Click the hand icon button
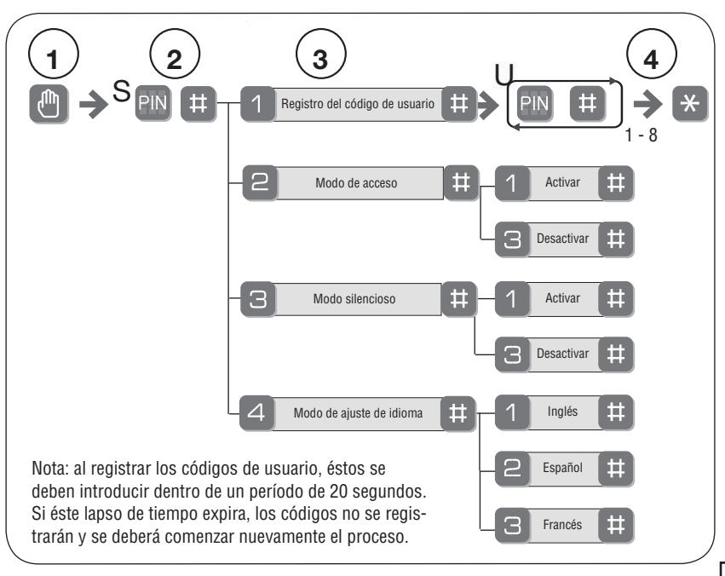[x=49, y=104]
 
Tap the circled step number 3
[x=320, y=54]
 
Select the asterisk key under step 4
[x=689, y=104]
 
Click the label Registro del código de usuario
[x=358, y=104]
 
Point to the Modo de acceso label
[x=356, y=183]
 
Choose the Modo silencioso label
[x=354, y=298]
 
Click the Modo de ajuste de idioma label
[x=358, y=412]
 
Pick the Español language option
[x=563, y=468]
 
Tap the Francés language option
[x=562, y=525]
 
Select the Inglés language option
[x=562, y=412]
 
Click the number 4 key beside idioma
[x=257, y=412]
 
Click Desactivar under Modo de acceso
[x=563, y=239]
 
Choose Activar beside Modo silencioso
[x=562, y=298]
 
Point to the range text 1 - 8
[x=641, y=135]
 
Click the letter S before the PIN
[x=122, y=91]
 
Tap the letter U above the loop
[x=504, y=74]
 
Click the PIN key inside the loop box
[x=534, y=104]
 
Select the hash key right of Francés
[x=615, y=525]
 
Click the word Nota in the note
[x=50, y=469]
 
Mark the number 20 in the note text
[x=338, y=491]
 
